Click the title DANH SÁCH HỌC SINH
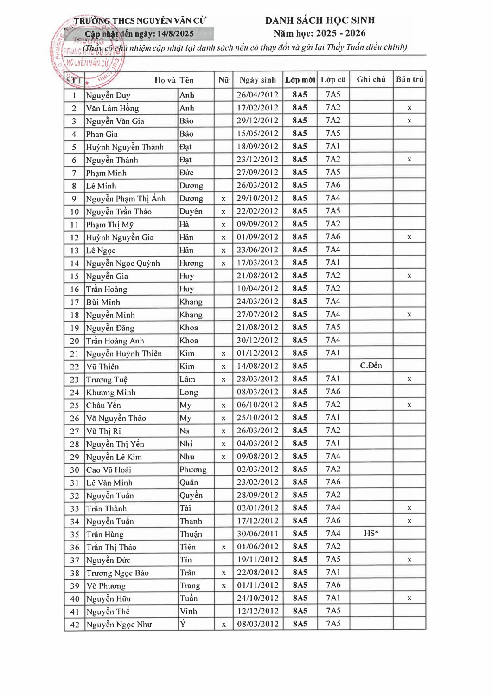click(x=320, y=20)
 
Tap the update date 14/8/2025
click(x=175, y=34)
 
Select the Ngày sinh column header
click(x=257, y=80)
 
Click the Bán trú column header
click(x=409, y=79)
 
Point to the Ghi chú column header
click(x=371, y=79)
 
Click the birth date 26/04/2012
click(x=257, y=95)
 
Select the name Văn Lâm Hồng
click(x=112, y=108)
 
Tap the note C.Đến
click(x=371, y=366)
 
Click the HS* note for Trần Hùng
click(x=371, y=534)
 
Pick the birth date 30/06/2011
click(x=257, y=534)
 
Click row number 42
click(x=75, y=625)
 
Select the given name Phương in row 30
click(x=193, y=470)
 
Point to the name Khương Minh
click(x=111, y=393)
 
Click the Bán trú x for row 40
click(x=409, y=599)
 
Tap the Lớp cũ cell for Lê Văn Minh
click(x=333, y=482)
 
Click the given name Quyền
click(x=191, y=496)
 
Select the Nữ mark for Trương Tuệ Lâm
click(x=224, y=380)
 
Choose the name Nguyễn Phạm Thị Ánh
click(x=126, y=199)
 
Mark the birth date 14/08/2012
click(x=257, y=366)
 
